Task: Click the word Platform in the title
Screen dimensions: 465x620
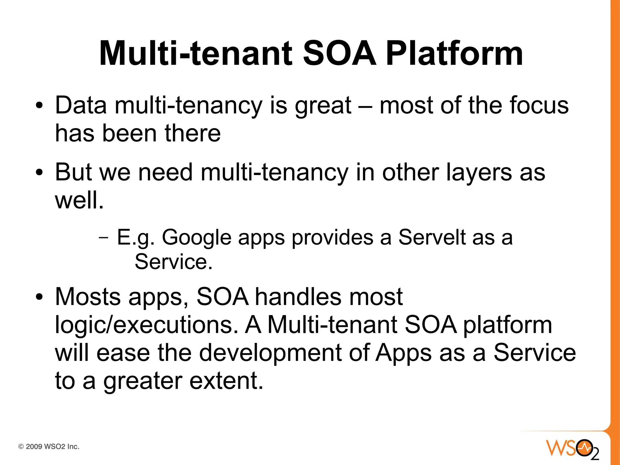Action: (454, 54)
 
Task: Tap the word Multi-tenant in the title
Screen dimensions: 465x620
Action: (196, 54)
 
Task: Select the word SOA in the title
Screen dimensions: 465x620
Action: (339, 54)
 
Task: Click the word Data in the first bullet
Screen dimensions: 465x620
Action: (81, 105)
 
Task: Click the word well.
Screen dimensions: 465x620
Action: (79, 200)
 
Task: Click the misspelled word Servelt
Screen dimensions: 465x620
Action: (432, 237)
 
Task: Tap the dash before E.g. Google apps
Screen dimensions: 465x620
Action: (103, 237)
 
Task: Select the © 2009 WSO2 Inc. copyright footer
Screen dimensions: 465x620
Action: (49, 447)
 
